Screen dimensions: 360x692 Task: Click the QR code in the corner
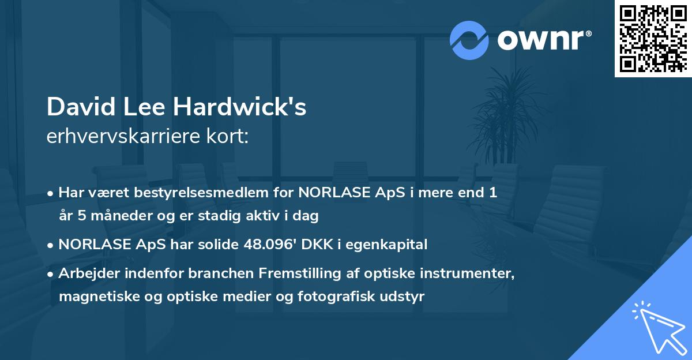tap(653, 38)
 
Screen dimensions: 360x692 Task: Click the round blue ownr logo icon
tap(469, 40)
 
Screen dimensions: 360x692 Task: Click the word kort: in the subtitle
tap(230, 137)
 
